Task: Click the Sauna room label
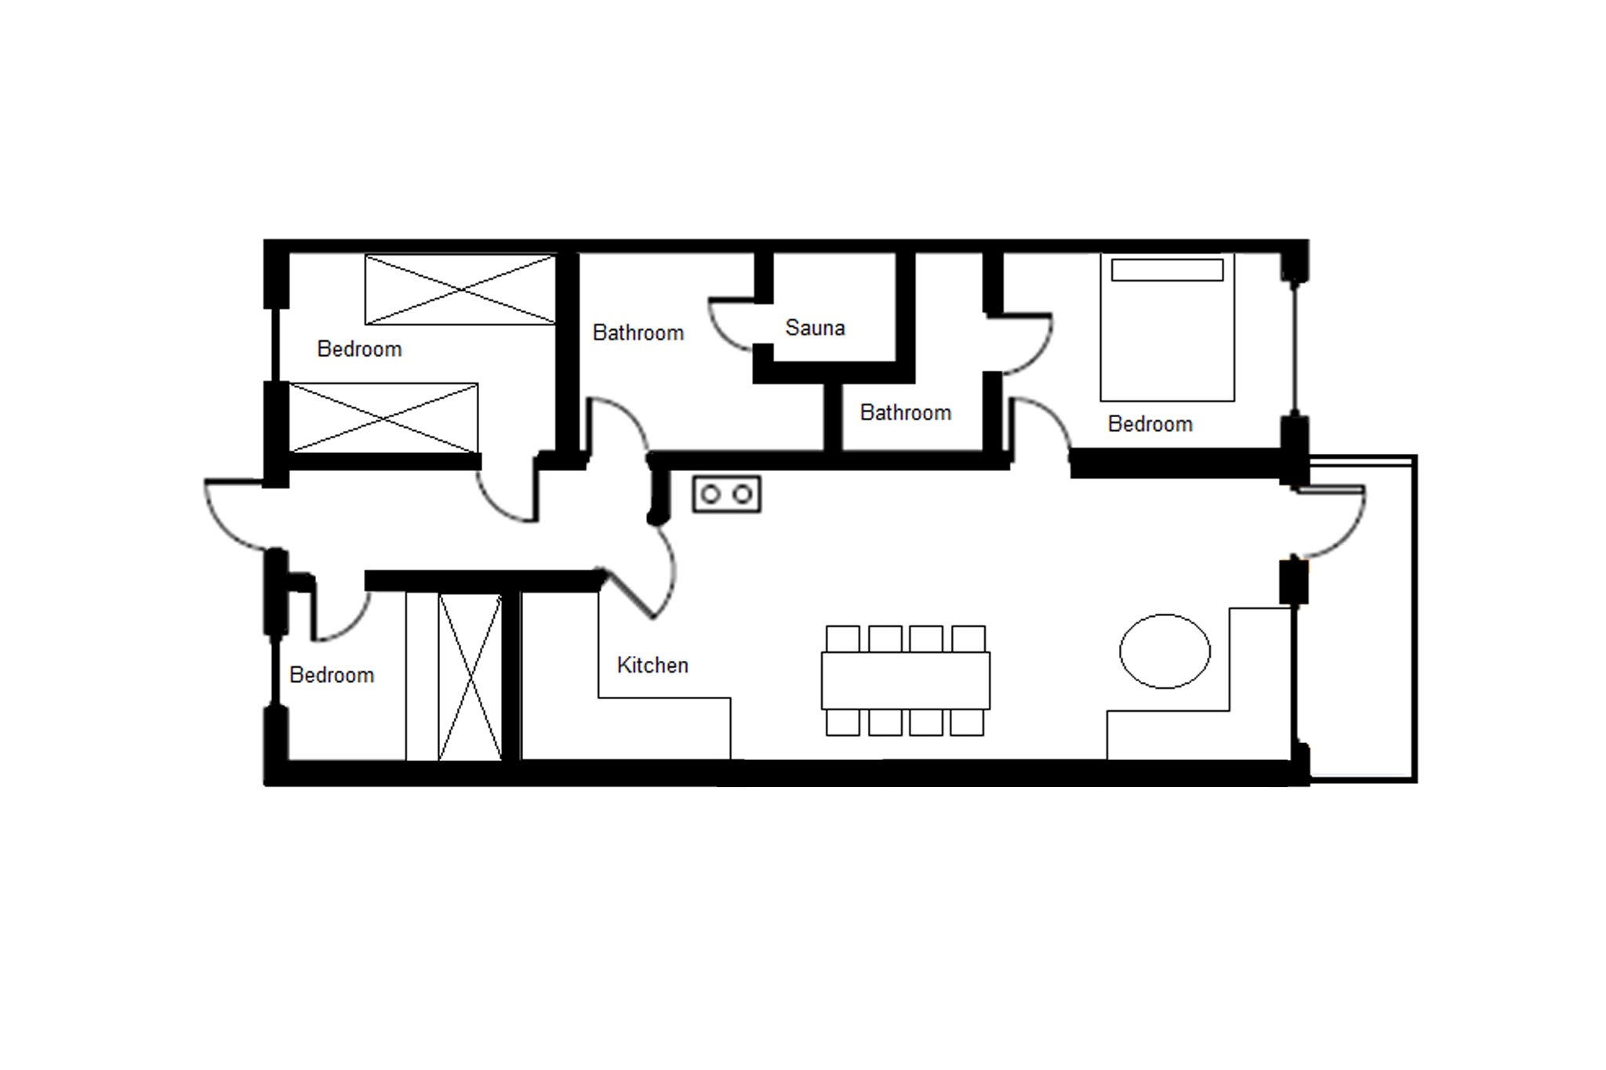tap(815, 328)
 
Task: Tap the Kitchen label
tap(652, 665)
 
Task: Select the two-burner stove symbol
tap(727, 495)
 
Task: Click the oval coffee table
tap(1165, 651)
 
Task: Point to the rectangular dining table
tap(906, 680)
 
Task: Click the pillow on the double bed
tap(1167, 270)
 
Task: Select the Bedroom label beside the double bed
tap(1150, 424)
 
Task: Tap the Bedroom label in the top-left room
tap(359, 349)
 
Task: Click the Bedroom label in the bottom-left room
tap(332, 675)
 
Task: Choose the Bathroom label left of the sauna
tap(638, 333)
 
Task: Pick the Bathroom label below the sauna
tap(906, 412)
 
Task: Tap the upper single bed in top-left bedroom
tap(460, 289)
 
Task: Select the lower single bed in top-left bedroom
tap(383, 418)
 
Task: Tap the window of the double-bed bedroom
tap(1295, 349)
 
